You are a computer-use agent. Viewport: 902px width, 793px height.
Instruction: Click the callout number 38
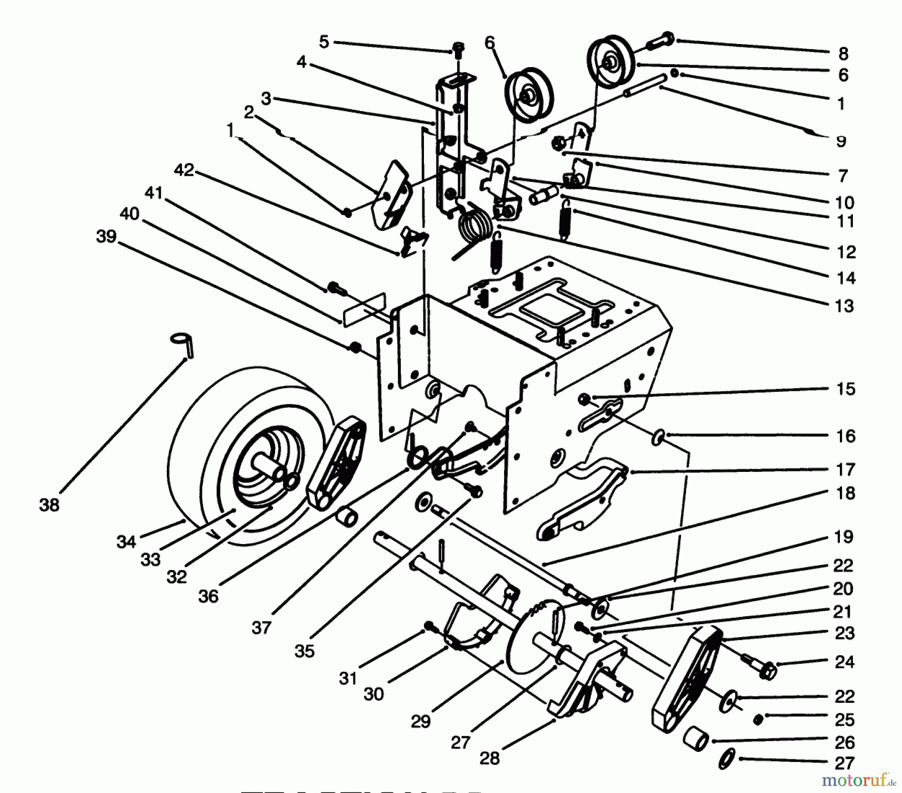[x=49, y=505]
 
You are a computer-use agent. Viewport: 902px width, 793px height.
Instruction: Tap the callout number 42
[x=184, y=170]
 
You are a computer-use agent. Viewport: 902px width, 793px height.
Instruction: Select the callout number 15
[x=845, y=389]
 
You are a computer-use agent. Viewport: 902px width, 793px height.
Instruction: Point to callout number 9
[x=841, y=142]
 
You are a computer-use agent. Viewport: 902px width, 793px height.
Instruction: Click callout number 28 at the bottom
[x=489, y=758]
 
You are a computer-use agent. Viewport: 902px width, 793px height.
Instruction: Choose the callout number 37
[x=261, y=627]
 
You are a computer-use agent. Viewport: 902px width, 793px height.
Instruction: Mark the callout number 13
[x=844, y=305]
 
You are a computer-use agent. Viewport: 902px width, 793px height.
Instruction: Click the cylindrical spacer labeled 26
[x=696, y=740]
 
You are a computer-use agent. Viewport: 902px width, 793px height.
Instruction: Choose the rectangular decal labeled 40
[x=364, y=309]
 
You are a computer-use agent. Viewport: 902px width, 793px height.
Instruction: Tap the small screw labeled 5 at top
[x=458, y=49]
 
